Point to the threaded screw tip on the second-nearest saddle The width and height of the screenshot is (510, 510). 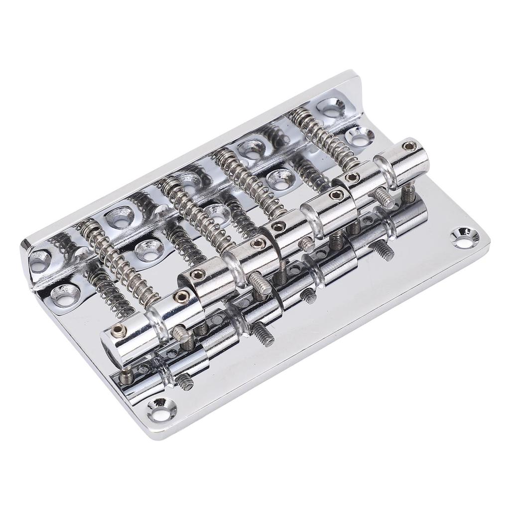pos(260,283)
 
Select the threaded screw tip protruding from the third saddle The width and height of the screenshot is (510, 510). pos(307,244)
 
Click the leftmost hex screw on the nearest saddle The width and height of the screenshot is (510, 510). pos(118,330)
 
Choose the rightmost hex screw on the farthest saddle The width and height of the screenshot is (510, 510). pos(409,146)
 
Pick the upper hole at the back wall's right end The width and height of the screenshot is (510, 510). pos(331,107)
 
